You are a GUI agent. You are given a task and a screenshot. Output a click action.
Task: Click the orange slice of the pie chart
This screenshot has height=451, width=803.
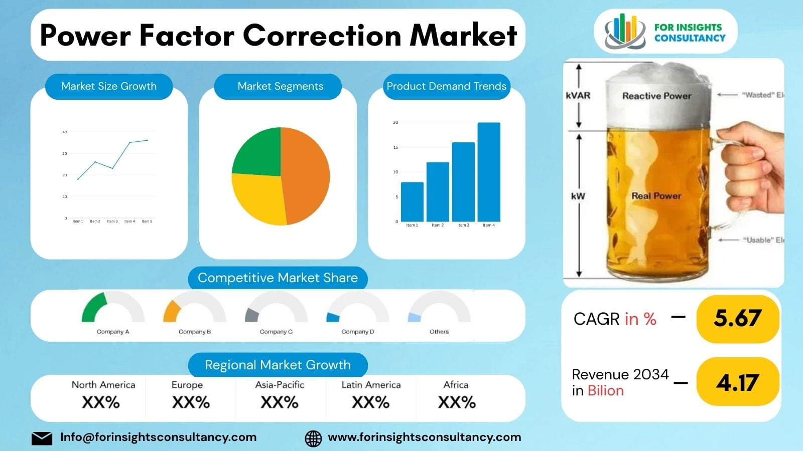(x=306, y=175)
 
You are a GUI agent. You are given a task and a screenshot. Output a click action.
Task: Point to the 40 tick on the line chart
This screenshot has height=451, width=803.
(x=65, y=132)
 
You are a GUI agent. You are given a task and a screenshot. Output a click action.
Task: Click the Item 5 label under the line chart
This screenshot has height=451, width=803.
(x=147, y=221)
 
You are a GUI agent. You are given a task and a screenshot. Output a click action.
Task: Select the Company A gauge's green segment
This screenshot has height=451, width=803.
(x=94, y=308)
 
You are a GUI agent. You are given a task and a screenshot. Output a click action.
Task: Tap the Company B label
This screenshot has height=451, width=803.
(x=195, y=332)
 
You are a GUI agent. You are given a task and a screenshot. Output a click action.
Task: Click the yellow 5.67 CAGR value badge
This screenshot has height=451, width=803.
(x=737, y=319)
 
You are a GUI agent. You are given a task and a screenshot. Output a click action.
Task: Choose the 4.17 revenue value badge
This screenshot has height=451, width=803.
(x=737, y=383)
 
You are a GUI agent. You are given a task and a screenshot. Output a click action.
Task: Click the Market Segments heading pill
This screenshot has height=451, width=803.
(x=280, y=86)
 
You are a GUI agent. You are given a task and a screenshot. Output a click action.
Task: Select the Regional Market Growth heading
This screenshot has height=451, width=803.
(x=278, y=365)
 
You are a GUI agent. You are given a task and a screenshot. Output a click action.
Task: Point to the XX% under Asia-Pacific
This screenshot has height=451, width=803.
(x=280, y=402)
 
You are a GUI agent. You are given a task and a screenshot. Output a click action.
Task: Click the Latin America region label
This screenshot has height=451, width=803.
(x=371, y=385)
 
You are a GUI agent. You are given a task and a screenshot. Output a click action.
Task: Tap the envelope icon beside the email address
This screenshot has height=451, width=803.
(x=42, y=438)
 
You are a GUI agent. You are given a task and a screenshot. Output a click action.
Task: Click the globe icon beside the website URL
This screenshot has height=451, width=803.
(x=313, y=438)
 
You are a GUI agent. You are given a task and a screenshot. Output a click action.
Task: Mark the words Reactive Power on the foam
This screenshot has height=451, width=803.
(x=656, y=96)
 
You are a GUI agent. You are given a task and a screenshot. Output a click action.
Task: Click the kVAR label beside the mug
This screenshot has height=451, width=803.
(x=578, y=95)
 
